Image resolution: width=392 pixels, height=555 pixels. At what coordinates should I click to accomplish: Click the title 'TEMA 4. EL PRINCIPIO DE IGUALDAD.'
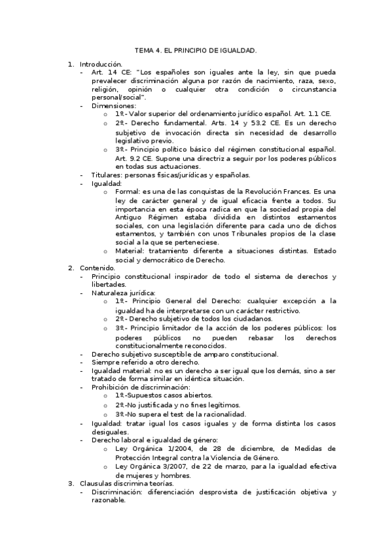click(196, 50)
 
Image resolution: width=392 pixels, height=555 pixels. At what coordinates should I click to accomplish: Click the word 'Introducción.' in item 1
click(101, 64)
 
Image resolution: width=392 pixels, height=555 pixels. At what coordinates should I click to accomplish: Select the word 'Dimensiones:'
click(114, 105)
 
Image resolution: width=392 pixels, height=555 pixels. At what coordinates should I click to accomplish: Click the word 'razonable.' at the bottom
click(109, 500)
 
